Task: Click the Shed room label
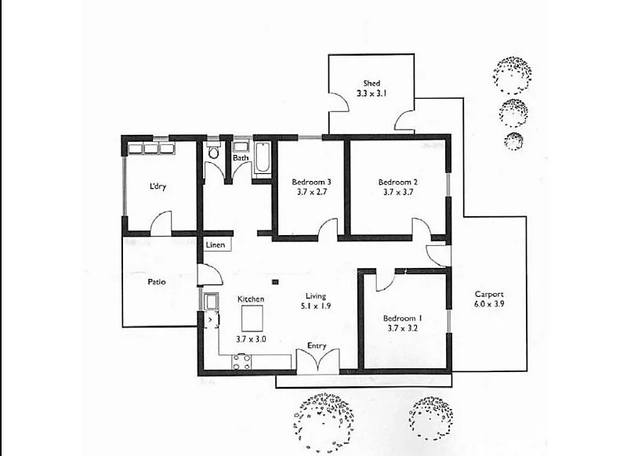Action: [x=371, y=83]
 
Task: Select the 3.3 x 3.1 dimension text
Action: [x=371, y=93]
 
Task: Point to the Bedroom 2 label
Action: [x=400, y=181]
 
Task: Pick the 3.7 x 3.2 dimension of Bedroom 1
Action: [x=402, y=329]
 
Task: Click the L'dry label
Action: [x=159, y=186]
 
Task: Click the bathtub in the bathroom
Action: [x=263, y=158]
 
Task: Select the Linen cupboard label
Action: [x=216, y=245]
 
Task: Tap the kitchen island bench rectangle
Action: [x=252, y=319]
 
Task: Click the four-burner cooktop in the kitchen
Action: [x=241, y=361]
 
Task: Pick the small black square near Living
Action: [x=275, y=281]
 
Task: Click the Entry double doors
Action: [x=317, y=360]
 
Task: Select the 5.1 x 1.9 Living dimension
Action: [x=316, y=306]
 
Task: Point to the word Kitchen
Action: [x=251, y=299]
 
